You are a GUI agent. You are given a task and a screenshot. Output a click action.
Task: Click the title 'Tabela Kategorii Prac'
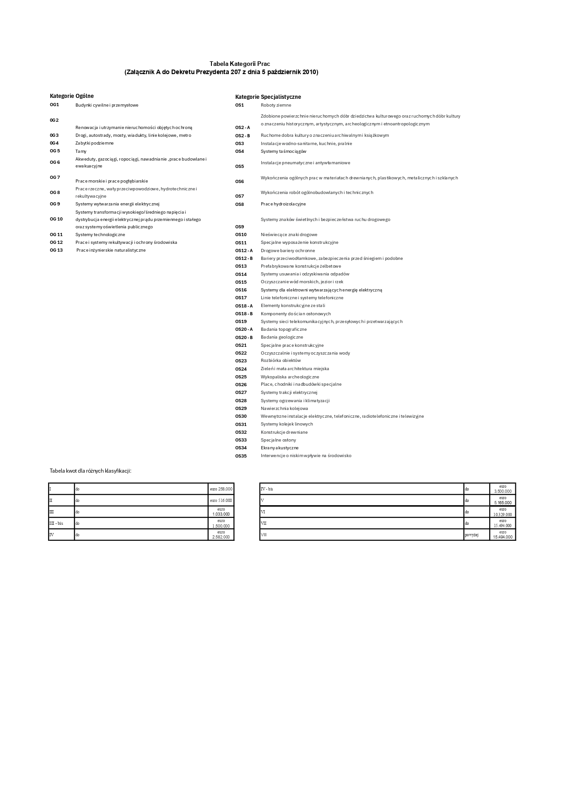239,64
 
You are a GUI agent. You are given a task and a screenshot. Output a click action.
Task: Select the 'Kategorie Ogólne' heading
71,96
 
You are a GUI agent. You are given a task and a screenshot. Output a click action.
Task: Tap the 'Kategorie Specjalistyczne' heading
268,97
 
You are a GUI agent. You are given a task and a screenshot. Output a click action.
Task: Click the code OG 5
55,151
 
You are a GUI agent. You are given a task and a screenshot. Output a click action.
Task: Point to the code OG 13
56,250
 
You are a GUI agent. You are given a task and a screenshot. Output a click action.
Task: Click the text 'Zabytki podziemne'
94,143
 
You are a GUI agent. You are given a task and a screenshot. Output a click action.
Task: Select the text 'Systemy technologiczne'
100,235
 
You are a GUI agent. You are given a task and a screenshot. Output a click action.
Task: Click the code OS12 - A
243,251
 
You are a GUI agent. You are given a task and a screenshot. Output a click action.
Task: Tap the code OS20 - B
243,338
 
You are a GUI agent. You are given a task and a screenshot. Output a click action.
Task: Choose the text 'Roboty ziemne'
276,105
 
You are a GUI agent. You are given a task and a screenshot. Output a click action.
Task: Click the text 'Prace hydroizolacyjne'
283,204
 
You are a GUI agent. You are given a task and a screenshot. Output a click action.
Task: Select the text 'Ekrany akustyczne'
279,448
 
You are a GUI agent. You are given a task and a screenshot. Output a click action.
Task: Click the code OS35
241,456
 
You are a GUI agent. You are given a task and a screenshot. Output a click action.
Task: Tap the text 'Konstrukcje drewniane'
284,432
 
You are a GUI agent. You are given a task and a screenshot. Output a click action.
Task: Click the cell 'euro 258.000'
221,489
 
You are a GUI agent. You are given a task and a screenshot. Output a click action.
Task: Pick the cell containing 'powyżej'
471,535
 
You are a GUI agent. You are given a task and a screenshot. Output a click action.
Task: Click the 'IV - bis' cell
267,489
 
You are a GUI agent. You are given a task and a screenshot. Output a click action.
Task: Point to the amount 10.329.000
503,514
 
